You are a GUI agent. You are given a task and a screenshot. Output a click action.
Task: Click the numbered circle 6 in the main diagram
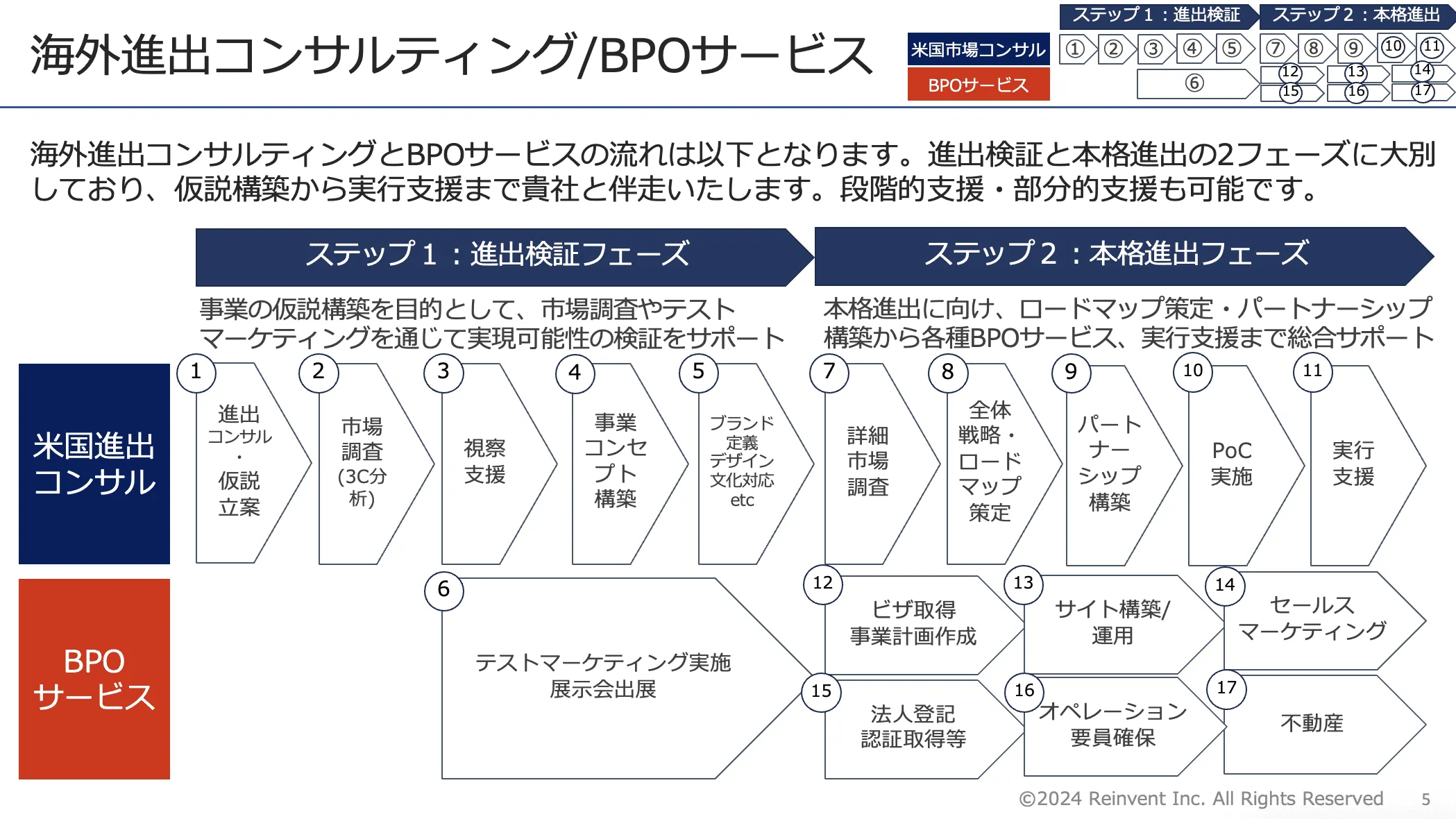[443, 590]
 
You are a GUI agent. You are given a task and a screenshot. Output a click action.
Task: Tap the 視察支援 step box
[485, 462]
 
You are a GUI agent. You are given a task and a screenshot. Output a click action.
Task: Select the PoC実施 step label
[1231, 463]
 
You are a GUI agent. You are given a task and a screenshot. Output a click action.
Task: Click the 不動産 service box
[1311, 723]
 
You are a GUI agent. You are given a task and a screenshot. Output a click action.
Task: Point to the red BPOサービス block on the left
[94, 679]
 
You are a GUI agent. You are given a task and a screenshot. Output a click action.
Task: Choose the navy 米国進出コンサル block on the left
[94, 464]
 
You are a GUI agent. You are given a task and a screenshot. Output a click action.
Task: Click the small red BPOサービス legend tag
[978, 85]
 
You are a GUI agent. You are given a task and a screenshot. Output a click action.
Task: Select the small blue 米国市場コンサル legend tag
[978, 50]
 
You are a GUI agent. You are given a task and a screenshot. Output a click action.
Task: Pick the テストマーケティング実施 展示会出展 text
[602, 675]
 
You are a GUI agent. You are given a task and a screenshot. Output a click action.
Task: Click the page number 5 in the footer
[1425, 800]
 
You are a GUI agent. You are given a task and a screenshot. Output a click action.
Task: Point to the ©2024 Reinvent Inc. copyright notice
[1201, 799]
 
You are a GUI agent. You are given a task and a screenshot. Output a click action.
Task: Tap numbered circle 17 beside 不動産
[1226, 689]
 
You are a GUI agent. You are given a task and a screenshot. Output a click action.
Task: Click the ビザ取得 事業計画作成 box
[913, 623]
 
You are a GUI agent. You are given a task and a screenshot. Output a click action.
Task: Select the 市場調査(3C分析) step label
[362, 462]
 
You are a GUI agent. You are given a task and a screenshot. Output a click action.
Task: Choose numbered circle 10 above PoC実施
[1192, 371]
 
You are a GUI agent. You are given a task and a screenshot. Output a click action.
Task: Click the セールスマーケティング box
[1312, 618]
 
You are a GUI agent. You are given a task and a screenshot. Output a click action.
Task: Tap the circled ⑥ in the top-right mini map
[1194, 83]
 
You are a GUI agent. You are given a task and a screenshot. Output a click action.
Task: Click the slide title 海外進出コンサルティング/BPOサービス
[451, 56]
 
